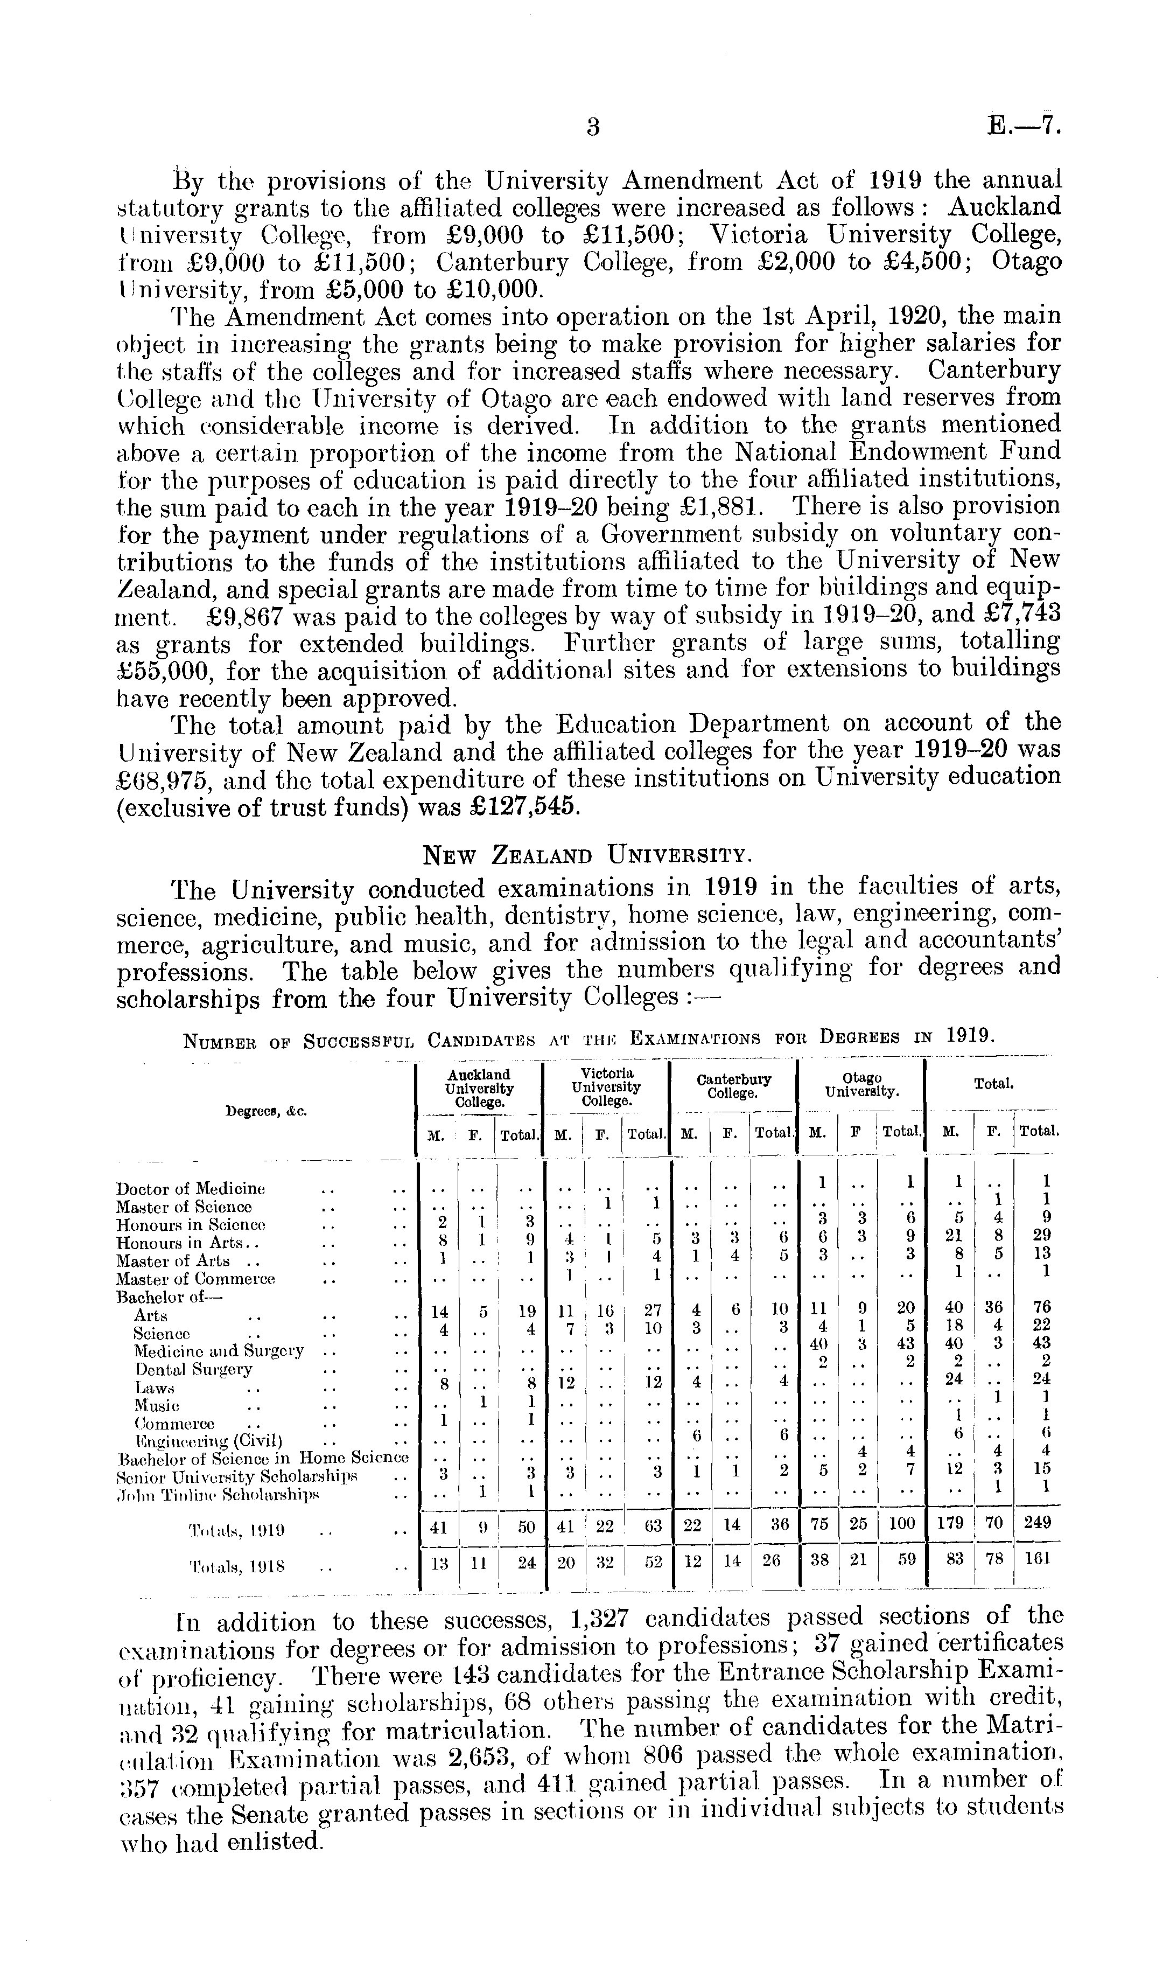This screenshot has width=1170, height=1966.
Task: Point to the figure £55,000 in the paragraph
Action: coord(163,672)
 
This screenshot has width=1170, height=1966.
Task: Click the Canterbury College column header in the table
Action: coord(733,1086)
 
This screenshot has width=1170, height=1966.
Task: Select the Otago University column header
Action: coord(861,1086)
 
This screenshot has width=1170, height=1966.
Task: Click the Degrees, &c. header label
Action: coord(267,1111)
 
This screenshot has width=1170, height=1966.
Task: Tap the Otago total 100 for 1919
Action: coord(902,1524)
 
